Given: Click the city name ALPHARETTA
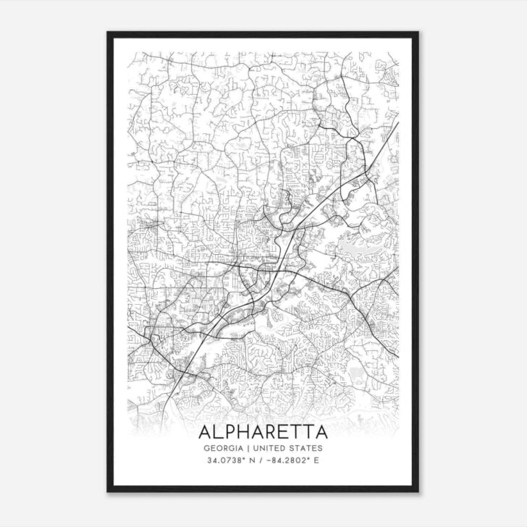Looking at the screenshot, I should pyautogui.click(x=263, y=432).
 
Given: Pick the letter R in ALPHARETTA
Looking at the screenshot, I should pyautogui.click(x=271, y=432).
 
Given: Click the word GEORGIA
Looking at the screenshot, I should pyautogui.click(x=224, y=448).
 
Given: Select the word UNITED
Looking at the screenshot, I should pyautogui.click(x=270, y=448).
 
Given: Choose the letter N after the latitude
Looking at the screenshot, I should pyautogui.click(x=251, y=460).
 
